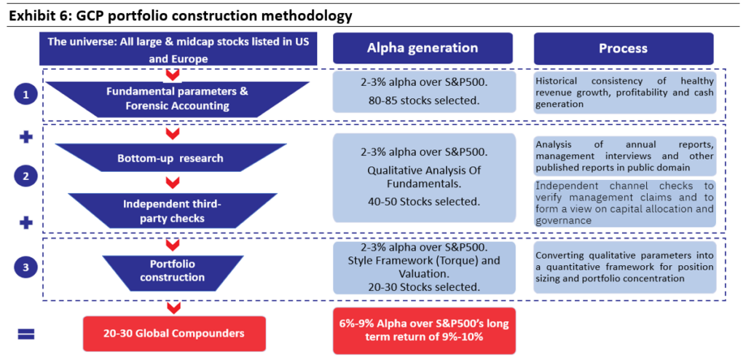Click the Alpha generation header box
pos(423,48)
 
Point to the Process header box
pos(624,48)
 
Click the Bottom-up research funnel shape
pos(170,157)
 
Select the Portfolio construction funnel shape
pos(173,270)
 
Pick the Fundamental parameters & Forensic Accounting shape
pos(177,99)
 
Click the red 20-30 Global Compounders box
pos(173,333)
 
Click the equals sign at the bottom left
pos(26,334)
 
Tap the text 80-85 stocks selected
pos(423,101)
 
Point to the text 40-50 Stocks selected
pos(423,201)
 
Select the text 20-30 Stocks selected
pos(424,286)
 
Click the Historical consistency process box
pos(624,93)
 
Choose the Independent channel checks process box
pos(624,203)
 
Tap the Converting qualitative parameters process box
pos(624,267)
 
